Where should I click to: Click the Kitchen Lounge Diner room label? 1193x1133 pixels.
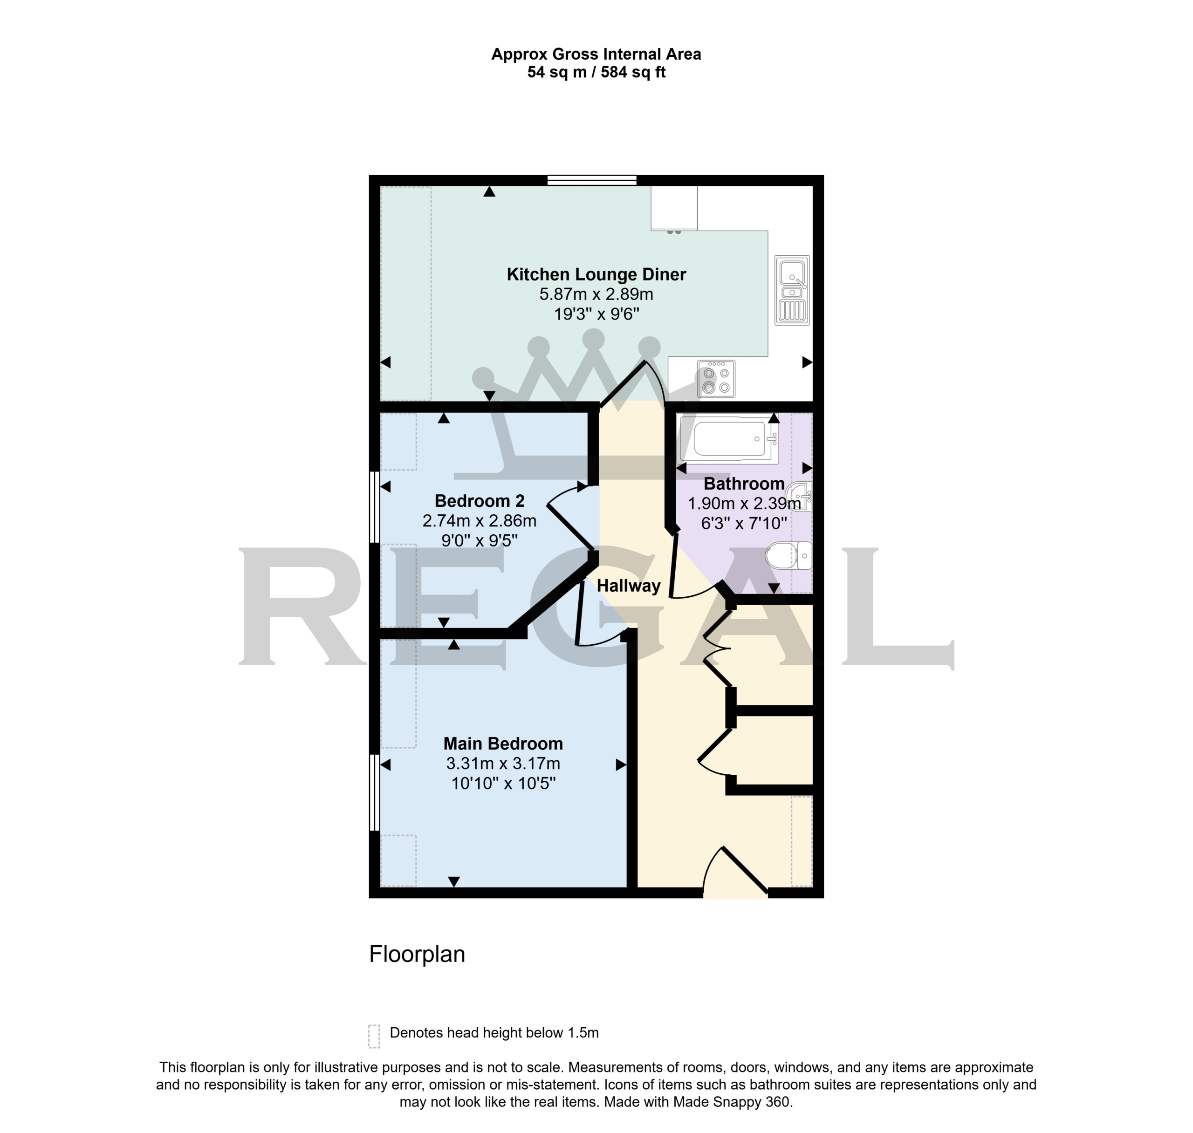(x=596, y=275)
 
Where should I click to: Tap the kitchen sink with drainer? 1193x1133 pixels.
(x=792, y=291)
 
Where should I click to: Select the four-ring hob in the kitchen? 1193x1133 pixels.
(x=716, y=379)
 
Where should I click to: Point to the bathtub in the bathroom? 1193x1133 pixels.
(x=728, y=438)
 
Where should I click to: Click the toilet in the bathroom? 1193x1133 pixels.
(x=789, y=555)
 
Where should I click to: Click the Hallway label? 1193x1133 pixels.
(x=628, y=586)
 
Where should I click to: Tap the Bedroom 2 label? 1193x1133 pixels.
(x=480, y=501)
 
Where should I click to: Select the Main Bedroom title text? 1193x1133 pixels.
(x=503, y=744)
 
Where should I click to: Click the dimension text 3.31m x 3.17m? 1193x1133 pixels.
(x=503, y=764)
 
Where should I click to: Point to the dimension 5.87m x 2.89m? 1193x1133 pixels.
(x=596, y=295)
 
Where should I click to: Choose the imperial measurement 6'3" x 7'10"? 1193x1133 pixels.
(x=744, y=523)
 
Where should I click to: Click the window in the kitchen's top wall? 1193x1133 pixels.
(x=592, y=180)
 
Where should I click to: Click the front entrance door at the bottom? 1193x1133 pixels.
(x=735, y=874)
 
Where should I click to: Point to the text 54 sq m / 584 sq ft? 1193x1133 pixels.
(x=596, y=73)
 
